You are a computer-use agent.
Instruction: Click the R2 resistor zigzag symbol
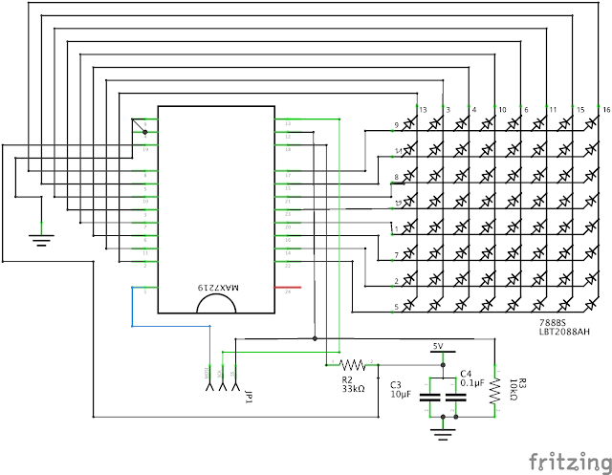(353, 364)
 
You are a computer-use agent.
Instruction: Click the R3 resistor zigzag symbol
(495, 389)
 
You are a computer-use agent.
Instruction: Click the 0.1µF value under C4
(473, 383)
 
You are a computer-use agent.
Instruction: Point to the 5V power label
(439, 346)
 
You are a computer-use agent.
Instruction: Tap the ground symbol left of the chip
(39, 238)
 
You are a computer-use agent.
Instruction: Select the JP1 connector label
(249, 394)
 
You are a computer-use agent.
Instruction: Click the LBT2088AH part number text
(564, 332)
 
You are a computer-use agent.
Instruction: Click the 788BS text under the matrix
(552, 322)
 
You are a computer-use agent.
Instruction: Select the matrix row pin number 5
(396, 307)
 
